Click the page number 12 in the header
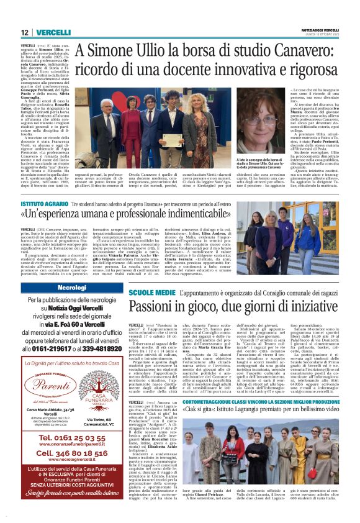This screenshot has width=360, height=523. pos(24,32)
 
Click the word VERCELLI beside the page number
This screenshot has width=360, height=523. pos(52,32)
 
